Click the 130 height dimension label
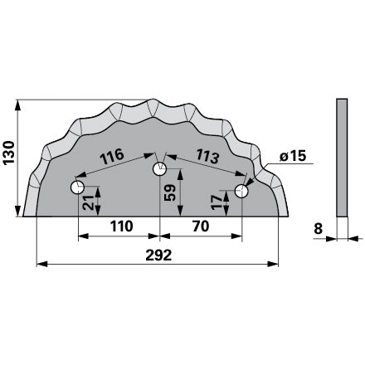point(8,153)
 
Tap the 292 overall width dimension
point(158,255)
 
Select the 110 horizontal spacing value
point(122,226)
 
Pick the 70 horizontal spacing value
point(201,226)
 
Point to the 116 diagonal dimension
point(112,157)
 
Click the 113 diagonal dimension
point(207,156)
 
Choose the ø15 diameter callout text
point(293,157)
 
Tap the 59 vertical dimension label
point(170,192)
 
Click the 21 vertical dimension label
point(88,202)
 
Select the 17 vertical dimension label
point(217,202)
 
